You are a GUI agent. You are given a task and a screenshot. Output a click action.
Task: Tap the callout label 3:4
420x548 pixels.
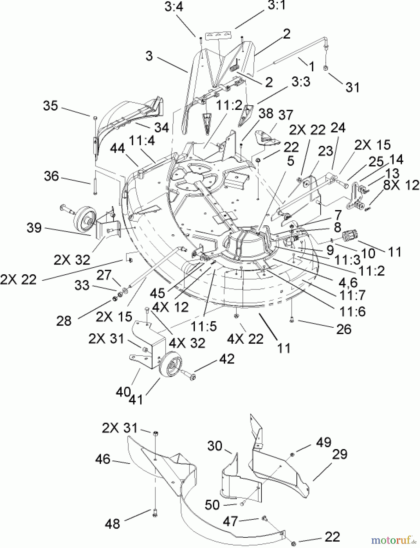click(x=174, y=7)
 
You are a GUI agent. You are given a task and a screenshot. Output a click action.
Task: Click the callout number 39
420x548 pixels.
click(x=34, y=227)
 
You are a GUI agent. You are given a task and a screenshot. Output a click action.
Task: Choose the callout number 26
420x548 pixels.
click(x=344, y=329)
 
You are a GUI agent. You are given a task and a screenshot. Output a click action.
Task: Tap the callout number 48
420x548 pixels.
click(x=112, y=524)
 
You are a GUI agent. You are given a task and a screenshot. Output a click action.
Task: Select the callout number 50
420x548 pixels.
click(x=212, y=505)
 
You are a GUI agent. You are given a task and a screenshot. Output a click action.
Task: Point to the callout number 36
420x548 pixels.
click(x=51, y=176)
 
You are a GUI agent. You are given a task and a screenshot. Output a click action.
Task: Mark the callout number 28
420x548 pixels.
click(x=64, y=321)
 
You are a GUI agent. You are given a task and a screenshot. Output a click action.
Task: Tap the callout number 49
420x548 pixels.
click(x=324, y=442)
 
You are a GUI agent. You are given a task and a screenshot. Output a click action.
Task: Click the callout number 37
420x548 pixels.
click(x=285, y=115)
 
